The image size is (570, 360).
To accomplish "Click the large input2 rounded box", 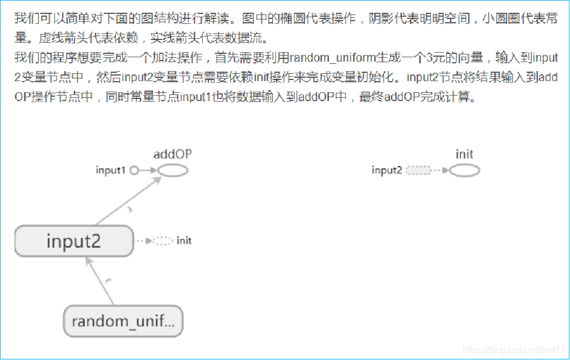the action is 74,241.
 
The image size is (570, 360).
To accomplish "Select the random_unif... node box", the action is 123,321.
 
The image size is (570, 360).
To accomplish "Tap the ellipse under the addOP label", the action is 172,171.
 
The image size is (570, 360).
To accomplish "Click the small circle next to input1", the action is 133,171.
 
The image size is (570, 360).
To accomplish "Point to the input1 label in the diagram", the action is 111,171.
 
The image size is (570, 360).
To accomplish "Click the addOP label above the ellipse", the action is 172,154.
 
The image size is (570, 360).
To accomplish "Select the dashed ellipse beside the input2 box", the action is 163,241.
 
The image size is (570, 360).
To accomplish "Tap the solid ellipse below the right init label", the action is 464,171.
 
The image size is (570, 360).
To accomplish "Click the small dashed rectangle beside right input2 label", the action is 419,171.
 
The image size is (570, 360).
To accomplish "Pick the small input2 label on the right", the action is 387,171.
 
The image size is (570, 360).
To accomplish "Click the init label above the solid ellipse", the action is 464,154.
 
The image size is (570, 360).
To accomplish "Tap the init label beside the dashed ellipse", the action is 184,241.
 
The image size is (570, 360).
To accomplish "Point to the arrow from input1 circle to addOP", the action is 147,171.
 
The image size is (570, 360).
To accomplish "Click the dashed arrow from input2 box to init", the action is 143,241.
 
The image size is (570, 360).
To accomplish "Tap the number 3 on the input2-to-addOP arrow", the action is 129,210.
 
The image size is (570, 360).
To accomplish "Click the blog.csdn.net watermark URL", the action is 513,350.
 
